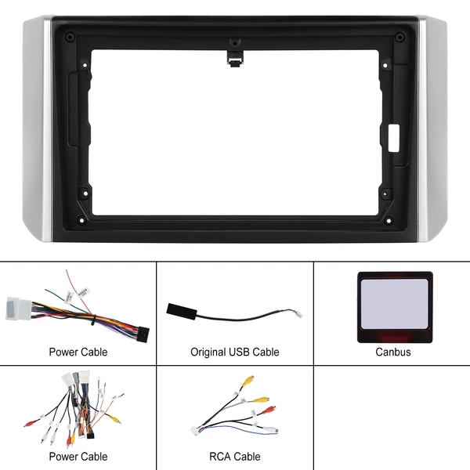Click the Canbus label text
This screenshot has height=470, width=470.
[393, 352]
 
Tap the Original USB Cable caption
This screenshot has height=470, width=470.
[235, 352]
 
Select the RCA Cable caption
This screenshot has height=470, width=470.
[235, 457]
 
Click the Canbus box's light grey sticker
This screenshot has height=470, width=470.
[394, 304]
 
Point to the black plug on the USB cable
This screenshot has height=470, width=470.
[182, 312]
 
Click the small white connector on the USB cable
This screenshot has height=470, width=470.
[298, 314]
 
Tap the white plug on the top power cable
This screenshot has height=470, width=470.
[19, 309]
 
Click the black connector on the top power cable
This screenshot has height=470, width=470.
[143, 334]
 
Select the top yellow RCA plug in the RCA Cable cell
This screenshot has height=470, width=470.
[249, 381]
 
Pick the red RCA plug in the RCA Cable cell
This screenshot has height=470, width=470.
[269, 410]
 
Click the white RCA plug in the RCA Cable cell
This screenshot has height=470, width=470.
[270, 430]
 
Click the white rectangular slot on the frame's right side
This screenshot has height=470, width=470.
[394, 138]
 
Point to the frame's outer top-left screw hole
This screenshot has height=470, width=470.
[70, 37]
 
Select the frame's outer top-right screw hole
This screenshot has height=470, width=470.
[399, 37]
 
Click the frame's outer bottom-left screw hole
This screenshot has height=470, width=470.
[81, 220]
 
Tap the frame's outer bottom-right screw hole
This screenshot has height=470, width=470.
[389, 221]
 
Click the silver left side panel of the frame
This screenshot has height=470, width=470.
[38, 129]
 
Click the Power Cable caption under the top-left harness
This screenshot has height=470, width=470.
[78, 352]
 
